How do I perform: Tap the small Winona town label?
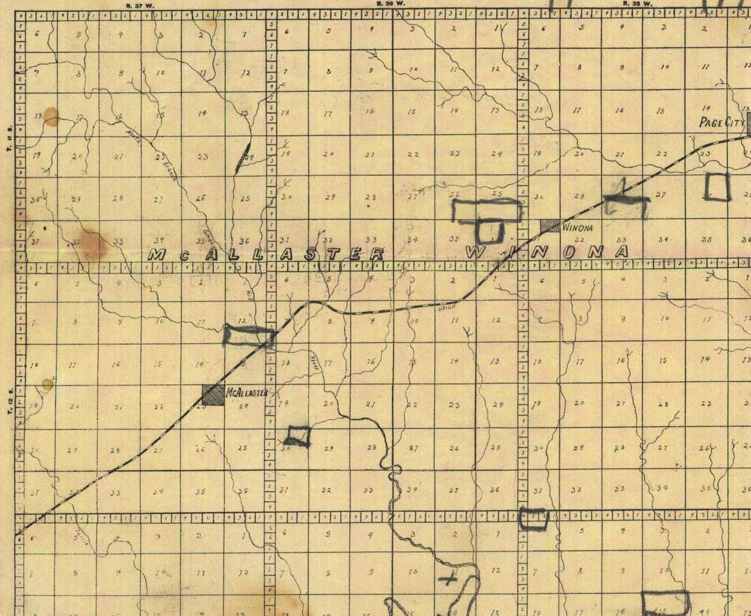(x=577, y=228)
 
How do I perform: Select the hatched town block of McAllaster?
(x=213, y=395)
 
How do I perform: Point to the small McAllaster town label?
(x=247, y=393)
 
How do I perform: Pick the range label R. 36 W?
(x=390, y=4)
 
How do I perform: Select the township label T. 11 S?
(x=9, y=137)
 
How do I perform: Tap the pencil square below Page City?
(x=717, y=186)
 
